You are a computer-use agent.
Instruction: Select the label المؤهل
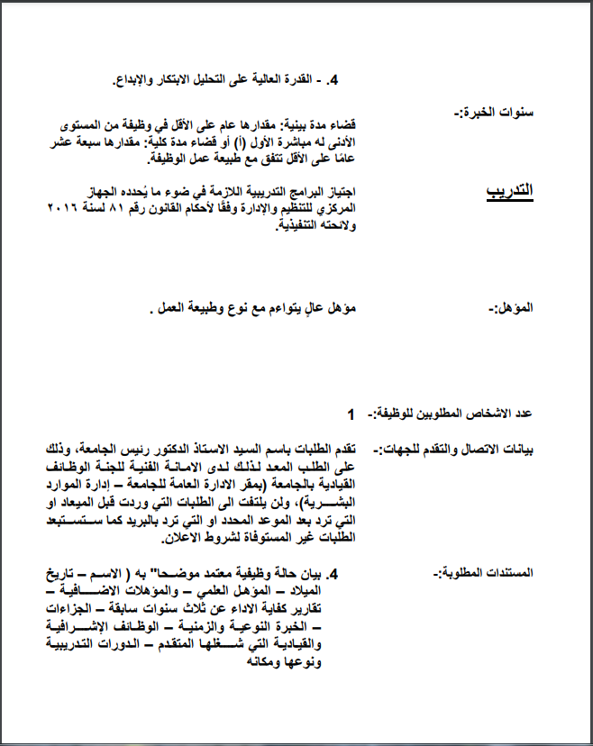pyautogui.click(x=511, y=308)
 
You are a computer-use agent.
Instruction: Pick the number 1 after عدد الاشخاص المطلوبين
pyautogui.click(x=351, y=414)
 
